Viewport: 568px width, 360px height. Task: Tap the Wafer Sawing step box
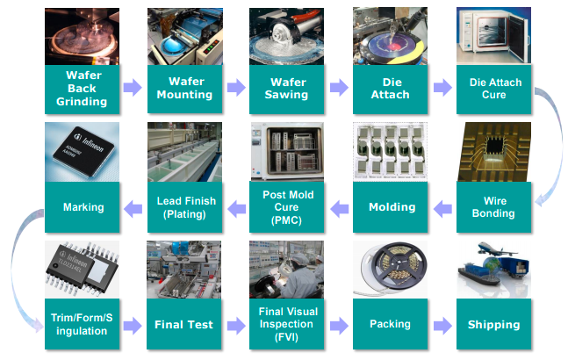pos(287,88)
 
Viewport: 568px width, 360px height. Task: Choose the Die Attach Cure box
pos(494,88)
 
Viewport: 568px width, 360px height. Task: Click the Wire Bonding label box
pos(494,207)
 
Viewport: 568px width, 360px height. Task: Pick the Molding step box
pos(392,207)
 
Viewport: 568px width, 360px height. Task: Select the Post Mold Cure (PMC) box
pos(287,207)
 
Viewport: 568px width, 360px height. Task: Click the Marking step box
pos(83,207)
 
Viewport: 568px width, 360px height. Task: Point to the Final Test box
pos(183,324)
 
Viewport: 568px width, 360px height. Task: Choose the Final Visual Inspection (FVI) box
pos(287,324)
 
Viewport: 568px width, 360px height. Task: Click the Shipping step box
pos(494,324)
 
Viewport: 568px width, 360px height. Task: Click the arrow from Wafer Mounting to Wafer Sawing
pos(234,88)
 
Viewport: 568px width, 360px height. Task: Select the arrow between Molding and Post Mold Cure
pos(339,208)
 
